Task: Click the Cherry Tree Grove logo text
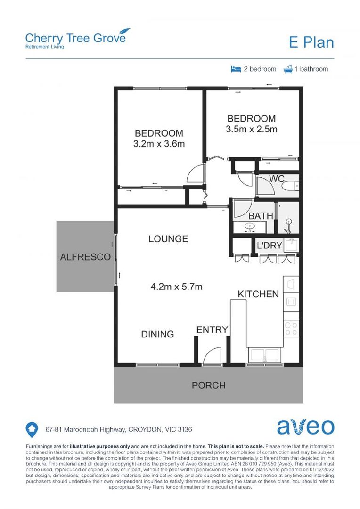(x=75, y=38)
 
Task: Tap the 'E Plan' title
(x=311, y=42)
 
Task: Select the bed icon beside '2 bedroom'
(x=236, y=69)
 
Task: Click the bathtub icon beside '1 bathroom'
(x=287, y=69)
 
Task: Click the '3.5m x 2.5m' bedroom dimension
(x=252, y=129)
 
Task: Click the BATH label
(x=261, y=216)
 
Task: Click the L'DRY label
(x=269, y=246)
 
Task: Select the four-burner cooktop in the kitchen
(x=291, y=327)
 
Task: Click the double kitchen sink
(x=264, y=354)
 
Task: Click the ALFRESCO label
(x=85, y=257)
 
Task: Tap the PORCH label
(x=208, y=385)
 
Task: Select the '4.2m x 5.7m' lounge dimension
(x=176, y=286)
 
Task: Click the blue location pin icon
(x=32, y=429)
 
